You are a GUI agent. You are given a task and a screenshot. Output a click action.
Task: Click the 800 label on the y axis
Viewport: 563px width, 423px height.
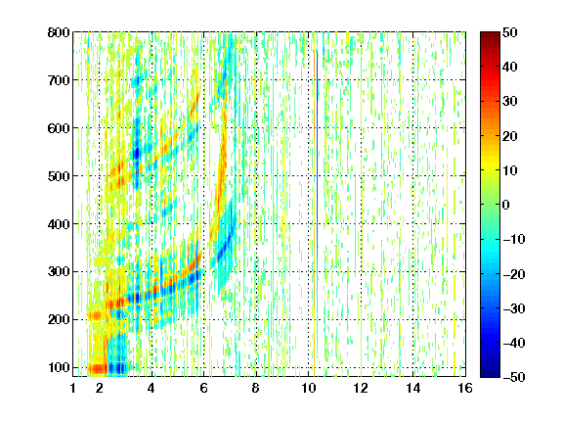(x=59, y=32)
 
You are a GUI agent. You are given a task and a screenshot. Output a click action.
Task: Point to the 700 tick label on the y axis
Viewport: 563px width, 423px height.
(x=59, y=80)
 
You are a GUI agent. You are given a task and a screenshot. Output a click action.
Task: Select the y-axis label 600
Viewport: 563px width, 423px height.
(x=59, y=128)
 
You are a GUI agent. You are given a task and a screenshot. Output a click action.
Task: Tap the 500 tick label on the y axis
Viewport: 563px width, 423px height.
(x=59, y=176)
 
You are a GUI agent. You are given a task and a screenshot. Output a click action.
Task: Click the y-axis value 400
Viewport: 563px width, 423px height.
(x=59, y=224)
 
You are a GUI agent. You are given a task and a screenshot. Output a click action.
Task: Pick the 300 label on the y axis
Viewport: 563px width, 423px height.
(x=59, y=271)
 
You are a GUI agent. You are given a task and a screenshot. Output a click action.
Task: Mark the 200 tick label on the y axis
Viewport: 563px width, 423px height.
(x=59, y=319)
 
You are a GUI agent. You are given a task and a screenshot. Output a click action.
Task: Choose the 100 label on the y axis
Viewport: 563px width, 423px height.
(x=59, y=367)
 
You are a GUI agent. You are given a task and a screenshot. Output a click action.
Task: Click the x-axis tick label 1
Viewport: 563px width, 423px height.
(x=73, y=388)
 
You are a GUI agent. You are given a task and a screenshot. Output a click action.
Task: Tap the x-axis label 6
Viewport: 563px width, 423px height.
(x=204, y=388)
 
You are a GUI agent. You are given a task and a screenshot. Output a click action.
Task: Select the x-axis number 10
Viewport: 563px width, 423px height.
(x=309, y=388)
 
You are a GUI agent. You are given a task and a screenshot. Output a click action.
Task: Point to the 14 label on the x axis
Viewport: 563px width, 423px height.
(x=413, y=388)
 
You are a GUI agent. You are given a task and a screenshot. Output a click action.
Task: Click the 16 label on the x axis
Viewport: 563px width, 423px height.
(x=465, y=388)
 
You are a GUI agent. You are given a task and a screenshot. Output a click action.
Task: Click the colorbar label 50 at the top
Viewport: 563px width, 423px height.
(x=510, y=32)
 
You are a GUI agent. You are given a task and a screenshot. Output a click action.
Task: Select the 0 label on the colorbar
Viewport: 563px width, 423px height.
(x=506, y=205)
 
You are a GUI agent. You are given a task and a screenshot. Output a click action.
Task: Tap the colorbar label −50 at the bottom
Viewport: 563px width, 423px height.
(x=514, y=377)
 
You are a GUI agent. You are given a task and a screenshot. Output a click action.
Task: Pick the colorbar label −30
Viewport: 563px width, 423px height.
(x=514, y=308)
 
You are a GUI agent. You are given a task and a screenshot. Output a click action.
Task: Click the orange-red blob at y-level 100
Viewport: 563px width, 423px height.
(x=98, y=369)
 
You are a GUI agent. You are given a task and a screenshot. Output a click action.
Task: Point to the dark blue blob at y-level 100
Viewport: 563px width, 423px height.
(x=118, y=368)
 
